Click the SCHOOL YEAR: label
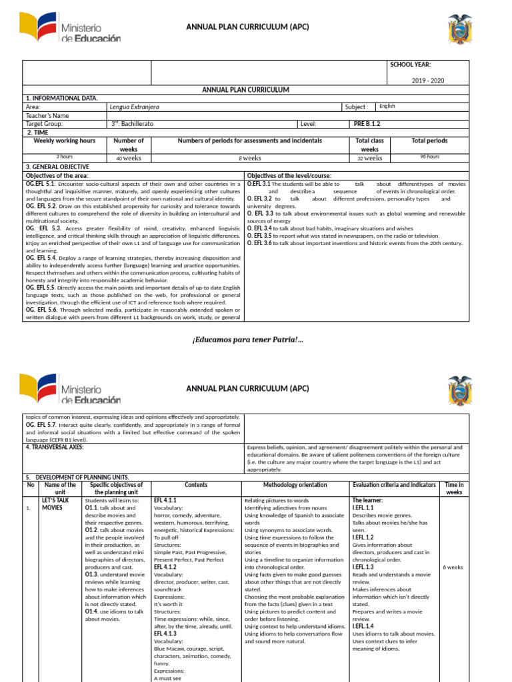(x=410, y=65)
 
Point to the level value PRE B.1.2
(x=367, y=124)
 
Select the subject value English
(x=387, y=106)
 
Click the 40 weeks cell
(x=129, y=158)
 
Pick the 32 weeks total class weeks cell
(x=369, y=158)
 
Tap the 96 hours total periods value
(x=429, y=157)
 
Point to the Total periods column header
(x=429, y=141)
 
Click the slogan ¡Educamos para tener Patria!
(x=247, y=340)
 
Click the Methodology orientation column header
(x=295, y=485)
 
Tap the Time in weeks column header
(x=454, y=489)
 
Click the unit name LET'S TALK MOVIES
(x=55, y=504)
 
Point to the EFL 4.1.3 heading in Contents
(x=165, y=635)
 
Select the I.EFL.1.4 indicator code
(x=363, y=626)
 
